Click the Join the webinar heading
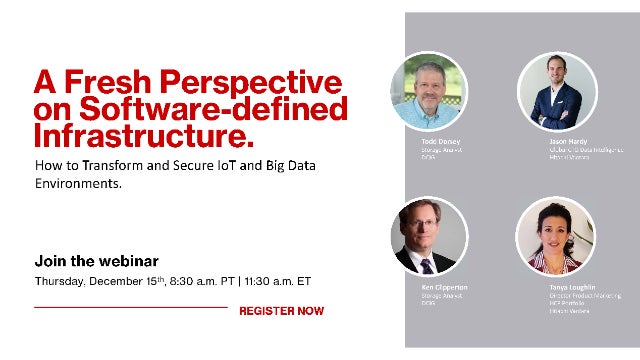[x=96, y=260]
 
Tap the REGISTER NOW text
[x=281, y=311]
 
